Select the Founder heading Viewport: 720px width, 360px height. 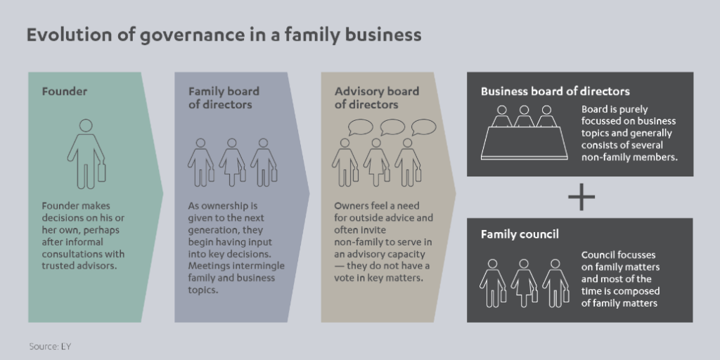64,91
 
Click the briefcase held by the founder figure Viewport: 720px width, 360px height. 101,172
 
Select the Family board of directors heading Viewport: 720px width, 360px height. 224,98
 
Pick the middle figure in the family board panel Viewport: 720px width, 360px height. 232,162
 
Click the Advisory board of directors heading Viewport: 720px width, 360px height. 376,98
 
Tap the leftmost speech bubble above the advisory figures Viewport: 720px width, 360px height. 360,127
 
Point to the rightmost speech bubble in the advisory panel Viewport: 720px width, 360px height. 424,127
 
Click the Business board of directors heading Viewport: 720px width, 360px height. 555,91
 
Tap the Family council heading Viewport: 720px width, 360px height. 520,234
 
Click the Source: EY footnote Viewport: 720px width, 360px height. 50,346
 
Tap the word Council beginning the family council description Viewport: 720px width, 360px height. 598,255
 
